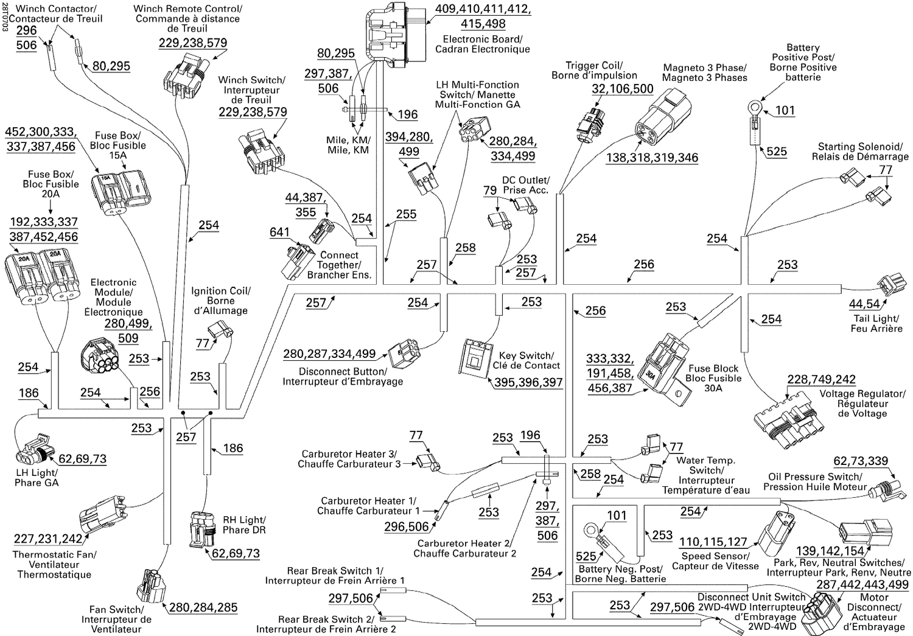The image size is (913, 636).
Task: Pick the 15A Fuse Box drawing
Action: tap(121, 193)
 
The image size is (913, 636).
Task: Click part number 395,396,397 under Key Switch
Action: tap(528, 382)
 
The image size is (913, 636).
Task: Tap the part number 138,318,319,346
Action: tap(652, 158)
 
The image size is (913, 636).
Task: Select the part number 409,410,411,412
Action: tap(483, 10)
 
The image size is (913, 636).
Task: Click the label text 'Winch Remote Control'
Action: tap(187, 9)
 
